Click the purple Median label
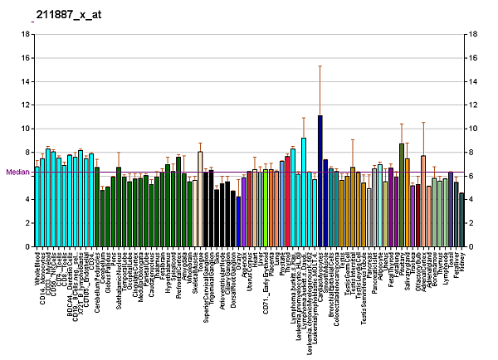click(x=17, y=172)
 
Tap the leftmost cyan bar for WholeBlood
click(x=37, y=207)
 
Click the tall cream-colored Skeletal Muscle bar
click(x=200, y=199)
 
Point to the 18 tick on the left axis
click(x=27, y=34)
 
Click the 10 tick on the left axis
click(x=27, y=129)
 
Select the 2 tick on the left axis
click(x=27, y=223)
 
